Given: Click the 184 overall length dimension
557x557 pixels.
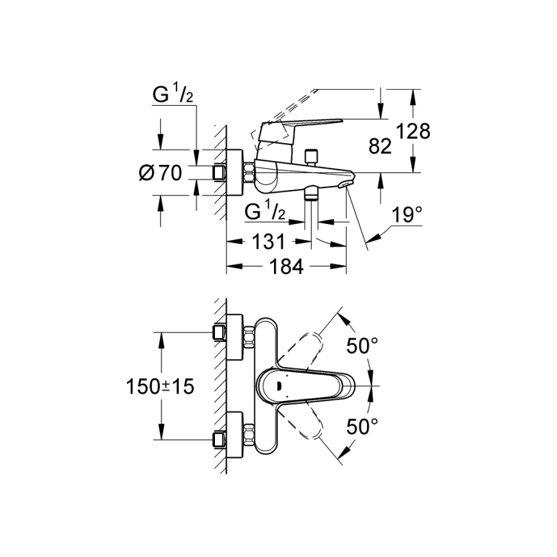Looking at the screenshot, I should point(286,266).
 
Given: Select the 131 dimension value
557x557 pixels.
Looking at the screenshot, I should point(268,242).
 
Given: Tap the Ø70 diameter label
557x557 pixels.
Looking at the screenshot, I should point(160,172).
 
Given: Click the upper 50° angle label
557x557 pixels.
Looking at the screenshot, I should point(363,347).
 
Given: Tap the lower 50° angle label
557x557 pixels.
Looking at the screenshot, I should point(363,425).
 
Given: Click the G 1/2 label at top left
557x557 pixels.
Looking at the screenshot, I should point(173,95).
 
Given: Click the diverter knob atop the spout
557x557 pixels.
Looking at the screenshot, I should point(313,156).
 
